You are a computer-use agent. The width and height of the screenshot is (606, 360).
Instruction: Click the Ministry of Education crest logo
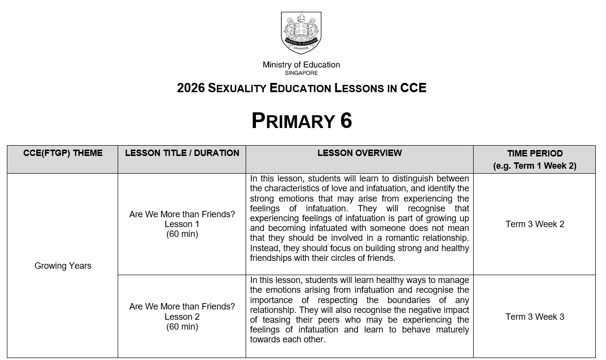pyautogui.click(x=301, y=32)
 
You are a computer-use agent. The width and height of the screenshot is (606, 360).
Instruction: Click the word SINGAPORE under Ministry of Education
pyautogui.click(x=301, y=73)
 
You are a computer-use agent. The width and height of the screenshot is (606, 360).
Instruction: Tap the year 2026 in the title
pyautogui.click(x=191, y=88)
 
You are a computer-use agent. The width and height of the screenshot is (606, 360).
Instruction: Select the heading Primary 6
pyautogui.click(x=302, y=121)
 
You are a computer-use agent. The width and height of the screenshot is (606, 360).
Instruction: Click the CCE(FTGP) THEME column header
pyautogui.click(x=63, y=153)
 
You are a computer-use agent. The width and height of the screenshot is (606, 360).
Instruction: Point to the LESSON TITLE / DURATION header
pyautogui.click(x=182, y=153)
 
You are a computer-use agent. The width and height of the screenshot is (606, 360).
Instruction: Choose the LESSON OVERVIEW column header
pyautogui.click(x=359, y=153)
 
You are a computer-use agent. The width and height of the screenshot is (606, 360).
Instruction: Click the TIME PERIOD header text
pyautogui.click(x=535, y=154)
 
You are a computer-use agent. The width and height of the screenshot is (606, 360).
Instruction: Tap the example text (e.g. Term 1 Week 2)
pyautogui.click(x=535, y=166)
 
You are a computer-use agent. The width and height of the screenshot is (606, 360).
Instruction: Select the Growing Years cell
pyautogui.click(x=63, y=266)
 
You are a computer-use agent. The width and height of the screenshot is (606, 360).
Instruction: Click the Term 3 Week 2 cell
pyautogui.click(x=535, y=224)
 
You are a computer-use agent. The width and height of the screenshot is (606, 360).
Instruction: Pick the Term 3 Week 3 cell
pyautogui.click(x=535, y=317)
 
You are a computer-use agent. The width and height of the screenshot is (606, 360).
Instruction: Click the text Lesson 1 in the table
pyautogui.click(x=182, y=224)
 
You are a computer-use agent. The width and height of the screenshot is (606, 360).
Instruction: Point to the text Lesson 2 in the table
pyautogui.click(x=182, y=317)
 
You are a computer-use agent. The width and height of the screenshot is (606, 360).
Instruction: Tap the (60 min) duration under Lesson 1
pyautogui.click(x=182, y=234)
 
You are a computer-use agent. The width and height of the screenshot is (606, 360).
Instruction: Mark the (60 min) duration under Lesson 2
pyautogui.click(x=182, y=327)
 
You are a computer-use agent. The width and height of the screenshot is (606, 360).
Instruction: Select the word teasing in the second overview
pyautogui.click(x=274, y=320)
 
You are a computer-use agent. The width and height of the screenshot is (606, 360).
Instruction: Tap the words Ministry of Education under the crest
pyautogui.click(x=301, y=65)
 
